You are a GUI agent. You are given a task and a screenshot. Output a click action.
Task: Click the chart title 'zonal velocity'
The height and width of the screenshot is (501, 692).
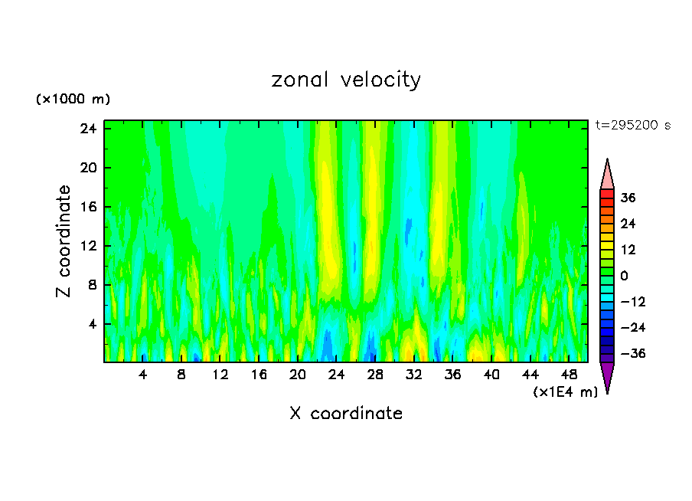point(346,80)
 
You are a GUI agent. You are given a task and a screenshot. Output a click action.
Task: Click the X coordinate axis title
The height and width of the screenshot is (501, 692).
point(346,414)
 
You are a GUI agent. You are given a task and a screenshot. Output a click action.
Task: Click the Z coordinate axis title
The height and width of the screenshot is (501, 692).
point(64,241)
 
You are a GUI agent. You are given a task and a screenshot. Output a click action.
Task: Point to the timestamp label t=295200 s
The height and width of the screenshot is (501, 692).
point(632,126)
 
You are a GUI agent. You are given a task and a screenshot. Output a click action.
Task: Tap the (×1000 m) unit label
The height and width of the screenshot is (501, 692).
point(73,100)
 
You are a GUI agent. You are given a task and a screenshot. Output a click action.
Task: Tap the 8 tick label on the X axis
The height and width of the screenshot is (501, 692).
point(181,375)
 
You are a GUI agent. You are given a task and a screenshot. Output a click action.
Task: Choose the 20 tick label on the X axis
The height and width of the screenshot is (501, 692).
point(298,375)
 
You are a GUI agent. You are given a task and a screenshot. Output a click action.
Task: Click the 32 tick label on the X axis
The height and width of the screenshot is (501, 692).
point(414,375)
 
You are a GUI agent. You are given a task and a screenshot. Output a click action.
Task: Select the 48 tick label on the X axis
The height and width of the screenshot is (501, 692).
point(569,375)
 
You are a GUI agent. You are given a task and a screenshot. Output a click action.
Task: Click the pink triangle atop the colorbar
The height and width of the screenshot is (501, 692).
point(607,175)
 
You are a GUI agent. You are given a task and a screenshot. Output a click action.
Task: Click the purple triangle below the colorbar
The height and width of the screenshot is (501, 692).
point(607,376)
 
